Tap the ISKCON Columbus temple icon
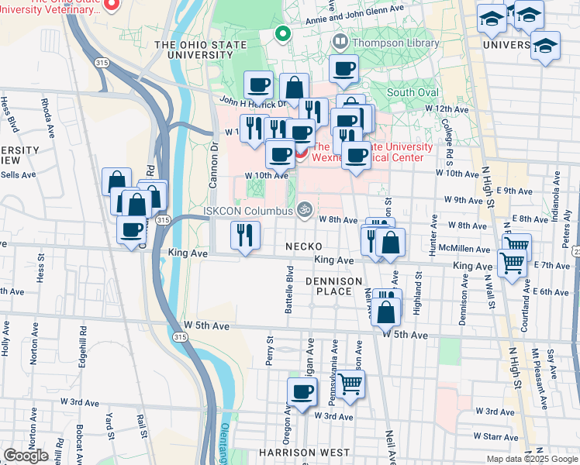[x=305, y=209]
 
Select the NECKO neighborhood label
[x=303, y=246]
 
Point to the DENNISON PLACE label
[x=333, y=285]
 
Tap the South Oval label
[x=413, y=92]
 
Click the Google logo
[x=26, y=456]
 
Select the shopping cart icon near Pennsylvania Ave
[x=350, y=383]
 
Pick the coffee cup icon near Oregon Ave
[x=302, y=392]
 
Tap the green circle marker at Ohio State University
[x=283, y=35]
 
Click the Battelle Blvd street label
[x=288, y=290]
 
